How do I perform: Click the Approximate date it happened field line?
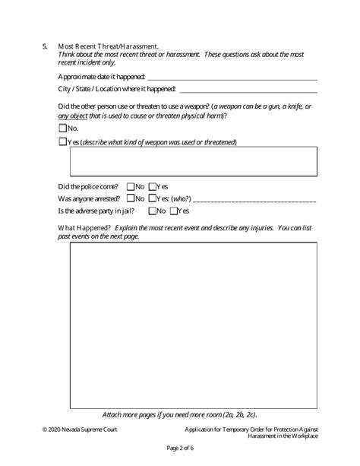[x=232, y=78]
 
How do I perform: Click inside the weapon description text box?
[x=193, y=161]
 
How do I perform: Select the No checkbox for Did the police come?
[x=131, y=185]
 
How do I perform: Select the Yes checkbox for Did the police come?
[x=153, y=185]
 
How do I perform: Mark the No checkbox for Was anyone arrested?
[x=131, y=198]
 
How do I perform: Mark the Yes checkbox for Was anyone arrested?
[x=153, y=198]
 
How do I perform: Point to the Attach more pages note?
[x=179, y=414]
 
